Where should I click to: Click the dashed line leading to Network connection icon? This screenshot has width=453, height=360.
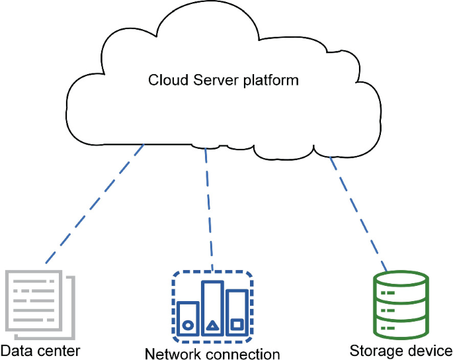[209, 209]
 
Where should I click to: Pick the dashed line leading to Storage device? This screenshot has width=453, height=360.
[358, 211]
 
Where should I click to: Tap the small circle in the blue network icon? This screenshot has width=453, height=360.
[187, 325]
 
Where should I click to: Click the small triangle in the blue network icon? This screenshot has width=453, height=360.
[212, 325]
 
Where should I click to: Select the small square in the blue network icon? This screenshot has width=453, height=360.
[237, 325]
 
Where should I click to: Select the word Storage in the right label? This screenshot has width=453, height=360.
[373, 351]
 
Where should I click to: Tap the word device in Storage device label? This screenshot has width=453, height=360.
[427, 350]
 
